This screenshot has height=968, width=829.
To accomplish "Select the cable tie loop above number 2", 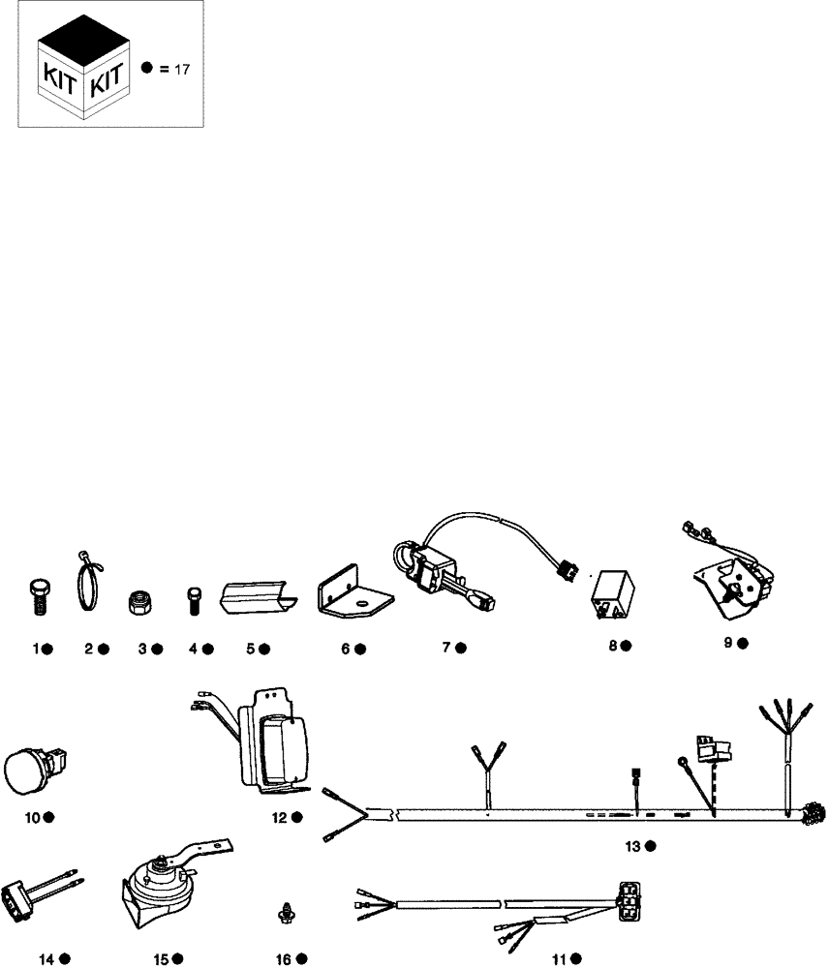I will pos(88,585).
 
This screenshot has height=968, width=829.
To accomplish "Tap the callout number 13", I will pos(632,847).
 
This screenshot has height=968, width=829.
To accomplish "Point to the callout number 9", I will pos(728,643).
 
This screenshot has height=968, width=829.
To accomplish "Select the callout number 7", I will pos(447,648).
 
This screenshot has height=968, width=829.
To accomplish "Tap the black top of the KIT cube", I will pos(82,44).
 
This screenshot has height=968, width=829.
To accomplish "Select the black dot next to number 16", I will pos(302,959).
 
